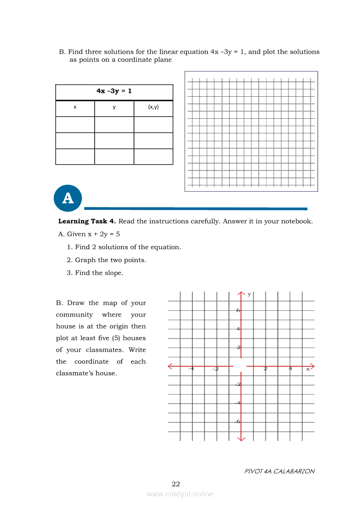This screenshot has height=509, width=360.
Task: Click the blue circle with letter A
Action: [68, 198]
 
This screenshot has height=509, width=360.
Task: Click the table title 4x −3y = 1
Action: [114, 91]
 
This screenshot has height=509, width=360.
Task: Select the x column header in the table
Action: [75, 107]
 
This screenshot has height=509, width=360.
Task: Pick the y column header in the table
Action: [114, 107]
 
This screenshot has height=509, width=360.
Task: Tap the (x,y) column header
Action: [153, 107]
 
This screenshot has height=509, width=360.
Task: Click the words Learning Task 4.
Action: [87, 221]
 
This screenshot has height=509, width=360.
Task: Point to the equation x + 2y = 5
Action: [101, 234]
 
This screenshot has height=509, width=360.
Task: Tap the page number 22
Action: [176, 484]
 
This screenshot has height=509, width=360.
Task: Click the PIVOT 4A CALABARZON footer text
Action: [279, 471]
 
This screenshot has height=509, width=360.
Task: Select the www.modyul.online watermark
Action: [180, 494]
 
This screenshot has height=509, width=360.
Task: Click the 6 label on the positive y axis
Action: [238, 310]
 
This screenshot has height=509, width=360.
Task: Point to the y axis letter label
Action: [249, 294]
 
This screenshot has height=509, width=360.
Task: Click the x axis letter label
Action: [308, 369]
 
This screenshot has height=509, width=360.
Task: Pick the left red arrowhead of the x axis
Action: [170, 366]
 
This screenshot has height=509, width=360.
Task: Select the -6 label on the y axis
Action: [238, 421]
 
